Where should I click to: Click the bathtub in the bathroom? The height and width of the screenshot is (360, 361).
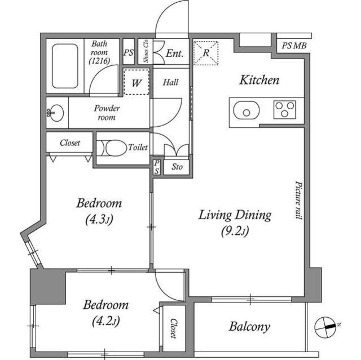pos(65,66)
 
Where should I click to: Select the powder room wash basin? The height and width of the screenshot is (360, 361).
pos(56,113)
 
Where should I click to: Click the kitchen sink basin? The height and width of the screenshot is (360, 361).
pos(246,110)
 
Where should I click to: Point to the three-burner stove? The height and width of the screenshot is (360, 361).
pos(284,110)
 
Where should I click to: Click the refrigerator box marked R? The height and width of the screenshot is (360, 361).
pos(206,53)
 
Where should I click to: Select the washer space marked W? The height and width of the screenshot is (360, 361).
pos(137,82)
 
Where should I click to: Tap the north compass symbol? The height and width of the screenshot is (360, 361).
pos(325,327)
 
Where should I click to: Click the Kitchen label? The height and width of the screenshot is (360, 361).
pos(259,80)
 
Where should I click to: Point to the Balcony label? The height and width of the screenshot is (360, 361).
pos(249,326)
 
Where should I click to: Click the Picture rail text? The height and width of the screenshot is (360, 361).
pos(298,200)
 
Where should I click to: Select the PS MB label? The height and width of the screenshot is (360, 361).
pos(294,46)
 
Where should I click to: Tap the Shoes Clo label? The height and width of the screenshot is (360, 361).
pos(146,51)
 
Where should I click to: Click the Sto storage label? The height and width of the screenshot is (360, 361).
pos(177,167)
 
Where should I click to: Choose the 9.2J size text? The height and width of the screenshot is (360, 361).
pos(235,231)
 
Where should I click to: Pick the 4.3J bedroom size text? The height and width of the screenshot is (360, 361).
pos(99,220)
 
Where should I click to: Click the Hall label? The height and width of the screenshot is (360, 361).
pos(170,82)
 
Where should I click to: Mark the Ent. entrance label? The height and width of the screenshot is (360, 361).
pos(175,54)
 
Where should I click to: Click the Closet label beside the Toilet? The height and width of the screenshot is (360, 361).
pos(70,143)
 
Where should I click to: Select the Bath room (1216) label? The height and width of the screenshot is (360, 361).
pos(99,52)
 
